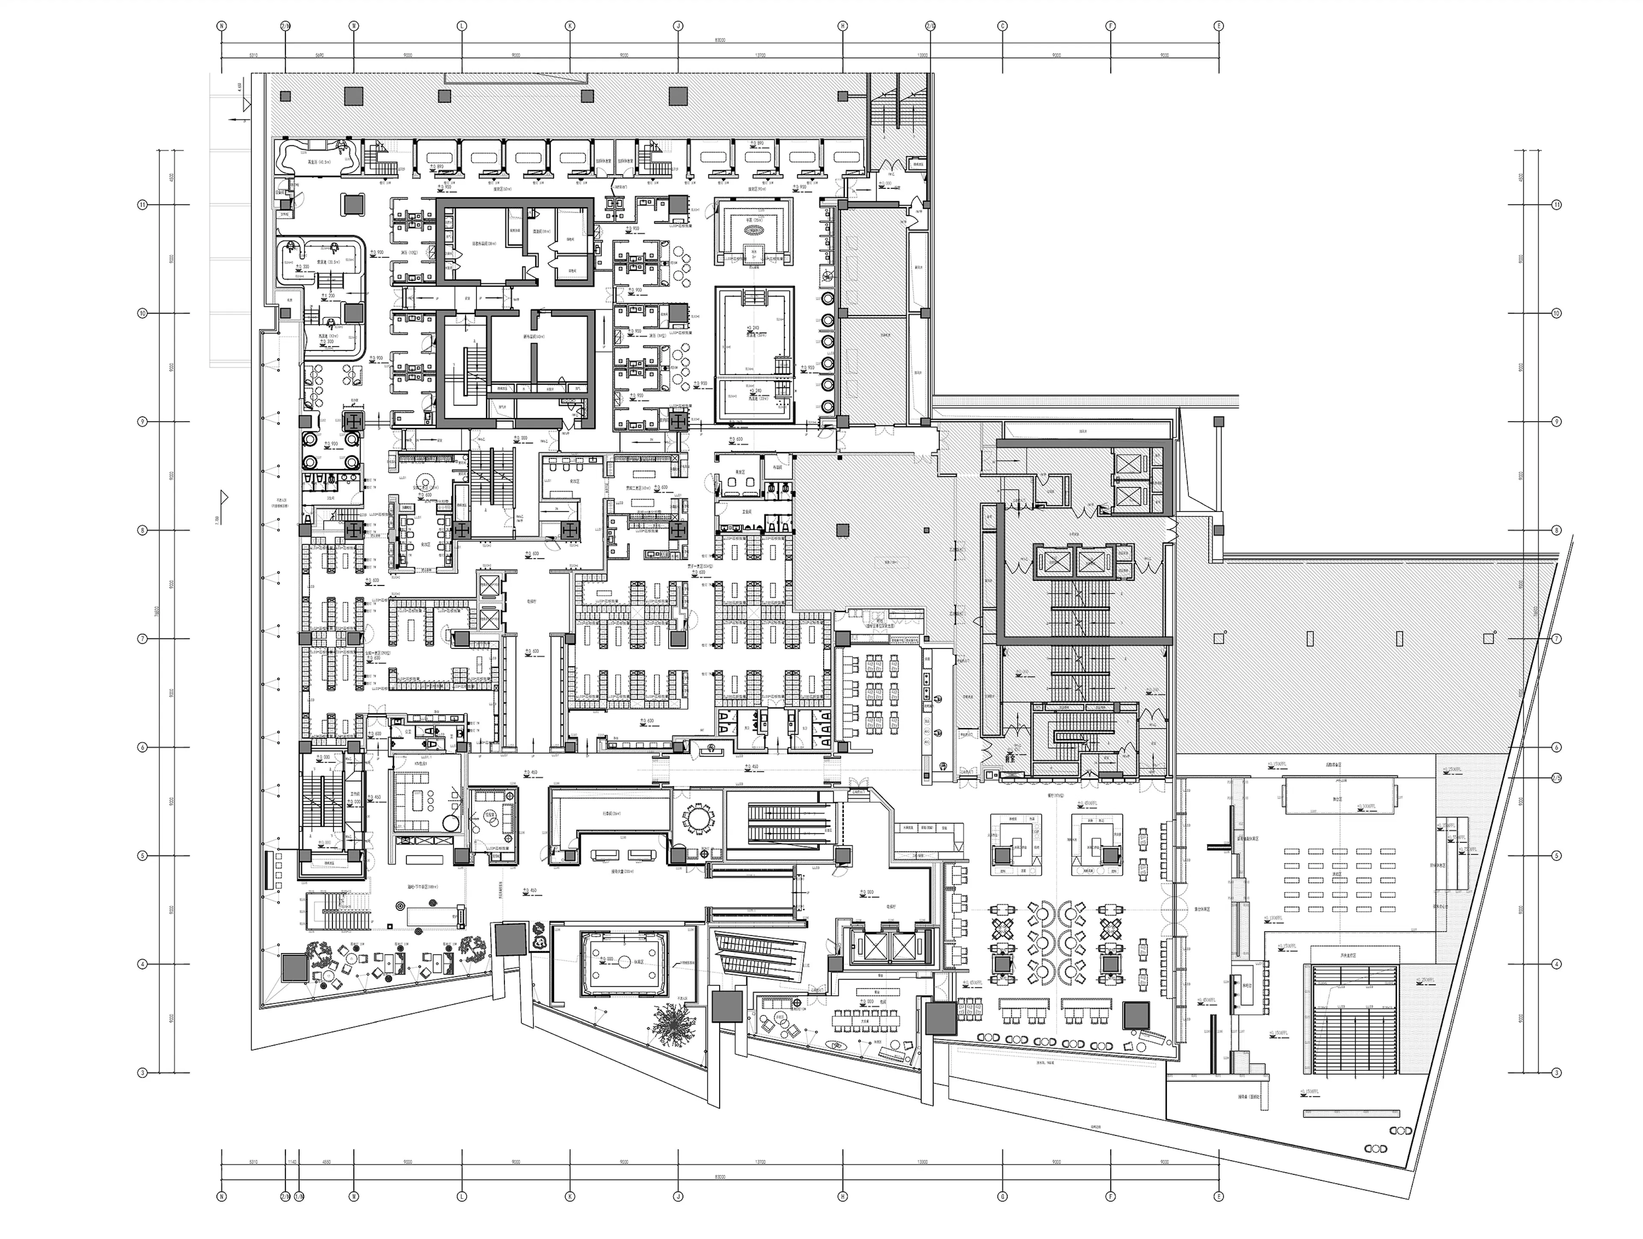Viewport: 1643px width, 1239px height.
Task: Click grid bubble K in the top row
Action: pyautogui.click(x=570, y=25)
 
